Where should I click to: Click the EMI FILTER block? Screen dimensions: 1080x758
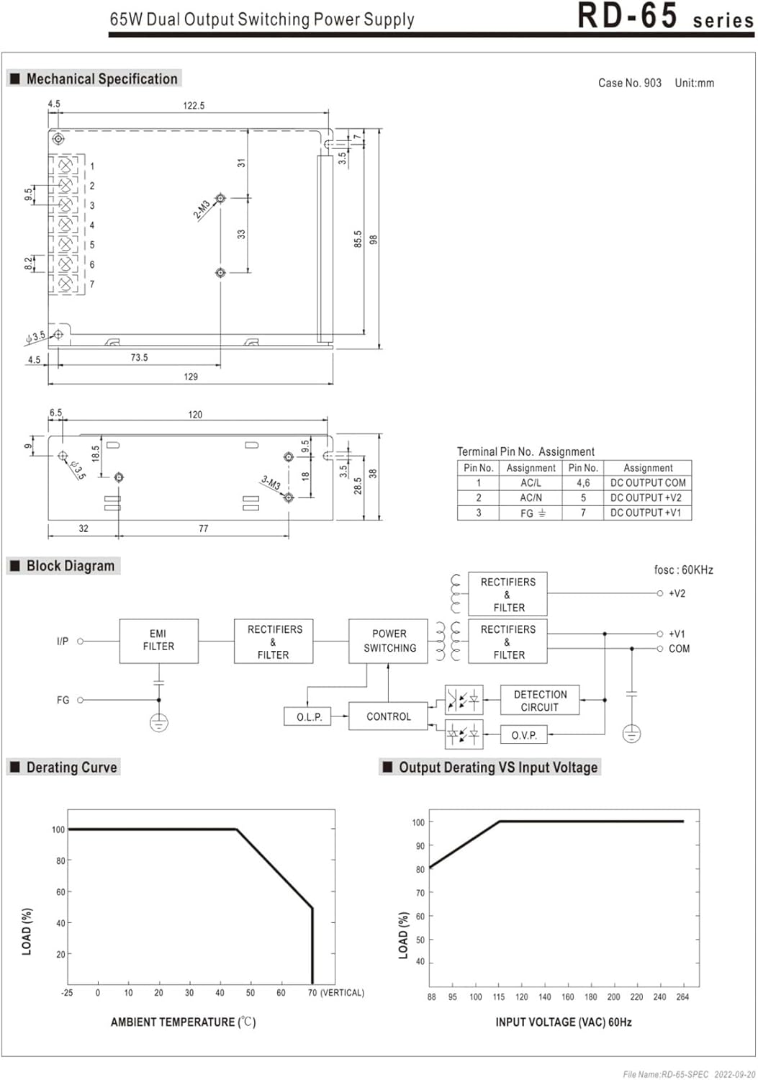(158, 640)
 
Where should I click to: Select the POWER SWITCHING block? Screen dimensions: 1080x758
(389, 640)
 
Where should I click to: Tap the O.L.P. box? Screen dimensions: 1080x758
(309, 717)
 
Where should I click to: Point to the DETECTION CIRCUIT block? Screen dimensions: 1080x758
(540, 701)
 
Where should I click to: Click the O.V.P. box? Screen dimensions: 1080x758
(523, 735)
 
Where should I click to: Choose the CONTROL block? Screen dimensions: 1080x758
(388, 716)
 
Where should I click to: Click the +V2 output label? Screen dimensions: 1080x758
(677, 593)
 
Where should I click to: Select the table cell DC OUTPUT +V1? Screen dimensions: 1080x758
(646, 513)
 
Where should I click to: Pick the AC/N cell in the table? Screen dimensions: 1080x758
(531, 498)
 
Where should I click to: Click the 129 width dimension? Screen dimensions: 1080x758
(191, 377)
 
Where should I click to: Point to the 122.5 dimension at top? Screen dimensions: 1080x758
(194, 106)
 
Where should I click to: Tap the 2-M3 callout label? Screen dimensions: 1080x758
(202, 210)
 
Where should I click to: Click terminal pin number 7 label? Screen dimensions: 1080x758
(92, 284)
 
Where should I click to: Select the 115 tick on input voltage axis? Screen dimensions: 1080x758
(498, 997)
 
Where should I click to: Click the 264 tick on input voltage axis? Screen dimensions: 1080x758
(682, 997)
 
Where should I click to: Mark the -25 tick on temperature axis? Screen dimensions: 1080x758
(67, 993)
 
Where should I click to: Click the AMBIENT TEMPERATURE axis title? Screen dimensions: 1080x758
(183, 1022)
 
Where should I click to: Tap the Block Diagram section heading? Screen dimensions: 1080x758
(71, 566)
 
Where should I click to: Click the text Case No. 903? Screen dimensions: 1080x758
(629, 83)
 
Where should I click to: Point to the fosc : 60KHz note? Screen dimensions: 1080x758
(683, 570)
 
